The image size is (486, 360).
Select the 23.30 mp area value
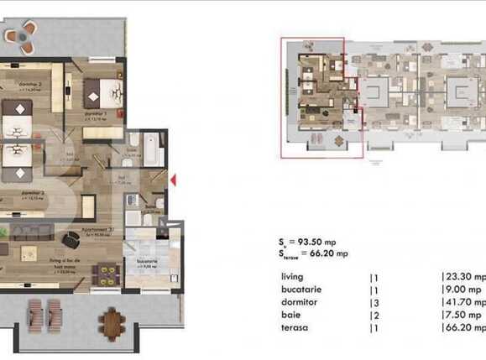(x=463, y=276)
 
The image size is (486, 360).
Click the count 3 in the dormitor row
(x=374, y=300)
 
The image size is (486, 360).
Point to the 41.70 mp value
(x=463, y=300)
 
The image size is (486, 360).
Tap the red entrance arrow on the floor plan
(x=173, y=179)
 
